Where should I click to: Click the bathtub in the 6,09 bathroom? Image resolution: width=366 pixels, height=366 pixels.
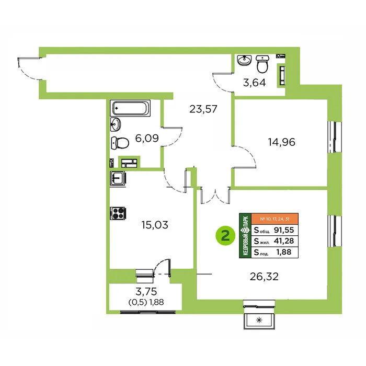[x=130, y=108]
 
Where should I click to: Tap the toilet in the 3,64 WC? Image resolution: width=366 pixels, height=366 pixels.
[x=262, y=64]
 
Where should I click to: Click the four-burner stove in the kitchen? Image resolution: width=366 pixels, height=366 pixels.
[x=118, y=213]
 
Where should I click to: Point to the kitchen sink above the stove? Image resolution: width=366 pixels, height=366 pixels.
[x=118, y=179]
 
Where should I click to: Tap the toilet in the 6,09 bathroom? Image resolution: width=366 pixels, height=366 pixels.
[x=120, y=143]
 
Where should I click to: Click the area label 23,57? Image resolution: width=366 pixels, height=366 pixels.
[x=203, y=109]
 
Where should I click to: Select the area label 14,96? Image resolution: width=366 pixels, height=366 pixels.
[x=281, y=142]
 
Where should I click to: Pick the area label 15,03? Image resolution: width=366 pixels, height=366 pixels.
[x=155, y=225]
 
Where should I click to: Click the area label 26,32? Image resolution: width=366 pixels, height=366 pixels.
[x=264, y=277]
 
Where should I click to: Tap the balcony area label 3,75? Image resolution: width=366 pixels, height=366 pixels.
[x=146, y=291]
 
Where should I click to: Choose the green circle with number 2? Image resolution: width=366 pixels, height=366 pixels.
[x=225, y=236]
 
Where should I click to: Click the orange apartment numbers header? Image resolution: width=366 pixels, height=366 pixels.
[x=274, y=219]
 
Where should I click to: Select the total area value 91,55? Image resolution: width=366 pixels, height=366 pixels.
[x=284, y=230]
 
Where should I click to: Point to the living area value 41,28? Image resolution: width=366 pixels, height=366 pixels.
[x=284, y=241]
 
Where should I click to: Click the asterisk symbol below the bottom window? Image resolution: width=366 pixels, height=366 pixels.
[x=259, y=320]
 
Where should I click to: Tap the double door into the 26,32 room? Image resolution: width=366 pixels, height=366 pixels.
[x=215, y=196]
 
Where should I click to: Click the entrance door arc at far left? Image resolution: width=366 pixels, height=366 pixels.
[x=28, y=69]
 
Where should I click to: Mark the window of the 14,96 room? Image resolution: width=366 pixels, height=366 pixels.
[x=335, y=137]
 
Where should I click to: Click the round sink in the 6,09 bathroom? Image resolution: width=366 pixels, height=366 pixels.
[x=116, y=124]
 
